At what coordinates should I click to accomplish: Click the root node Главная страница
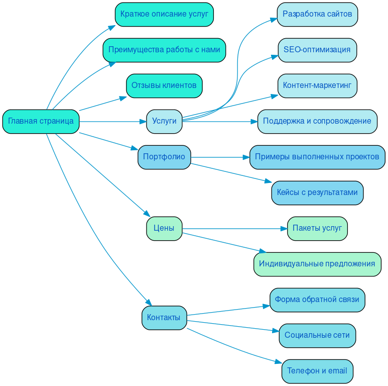pyautogui.click(x=41, y=121)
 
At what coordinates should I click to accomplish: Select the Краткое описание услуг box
pyautogui.click(x=164, y=14)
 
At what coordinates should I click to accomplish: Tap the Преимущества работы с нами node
pyautogui.click(x=164, y=50)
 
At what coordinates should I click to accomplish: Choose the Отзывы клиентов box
pyautogui.click(x=164, y=85)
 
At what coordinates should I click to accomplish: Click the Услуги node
pyautogui.click(x=164, y=121)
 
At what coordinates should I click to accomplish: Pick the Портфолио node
pyautogui.click(x=164, y=157)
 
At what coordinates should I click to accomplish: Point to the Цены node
pyautogui.click(x=164, y=228)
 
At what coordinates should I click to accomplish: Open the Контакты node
pyautogui.click(x=164, y=318)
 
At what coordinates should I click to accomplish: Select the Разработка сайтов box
pyautogui.click(x=317, y=14)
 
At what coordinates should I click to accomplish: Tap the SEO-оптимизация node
pyautogui.click(x=317, y=50)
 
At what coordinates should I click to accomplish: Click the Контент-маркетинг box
pyautogui.click(x=317, y=85)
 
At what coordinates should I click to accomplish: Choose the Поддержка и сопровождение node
pyautogui.click(x=317, y=121)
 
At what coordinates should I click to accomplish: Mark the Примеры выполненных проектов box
pyautogui.click(x=317, y=157)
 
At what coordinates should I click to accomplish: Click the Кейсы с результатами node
pyautogui.click(x=317, y=192)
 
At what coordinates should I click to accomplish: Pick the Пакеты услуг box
pyautogui.click(x=317, y=228)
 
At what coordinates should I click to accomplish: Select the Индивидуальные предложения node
pyautogui.click(x=317, y=264)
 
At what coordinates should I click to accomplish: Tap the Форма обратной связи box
pyautogui.click(x=317, y=300)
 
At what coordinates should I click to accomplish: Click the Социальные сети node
pyautogui.click(x=317, y=335)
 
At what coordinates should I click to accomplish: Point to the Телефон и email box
pyautogui.click(x=317, y=371)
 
